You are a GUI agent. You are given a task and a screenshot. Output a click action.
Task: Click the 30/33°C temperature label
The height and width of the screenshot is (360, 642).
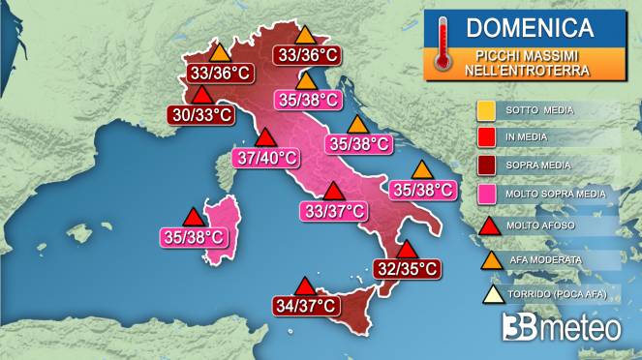tap(202, 114)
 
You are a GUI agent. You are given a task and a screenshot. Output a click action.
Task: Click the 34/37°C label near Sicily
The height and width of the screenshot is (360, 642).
tap(305, 306)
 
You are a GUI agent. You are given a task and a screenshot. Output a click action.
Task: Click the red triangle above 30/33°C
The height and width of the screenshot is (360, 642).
tap(202, 95)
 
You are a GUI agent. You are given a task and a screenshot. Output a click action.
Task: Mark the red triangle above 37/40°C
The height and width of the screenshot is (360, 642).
tap(263, 136)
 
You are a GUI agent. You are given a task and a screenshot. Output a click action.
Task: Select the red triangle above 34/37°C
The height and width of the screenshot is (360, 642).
tap(305, 286)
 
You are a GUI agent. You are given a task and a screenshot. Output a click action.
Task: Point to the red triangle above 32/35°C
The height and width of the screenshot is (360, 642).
tap(407, 250)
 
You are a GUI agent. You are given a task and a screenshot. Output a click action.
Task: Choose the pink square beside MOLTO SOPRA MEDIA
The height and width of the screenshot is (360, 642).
tap(487, 194)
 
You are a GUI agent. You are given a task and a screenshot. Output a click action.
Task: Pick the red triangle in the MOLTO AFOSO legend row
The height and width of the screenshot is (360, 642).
tap(487, 225)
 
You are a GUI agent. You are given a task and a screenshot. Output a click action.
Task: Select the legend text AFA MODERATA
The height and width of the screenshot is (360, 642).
tap(547, 259)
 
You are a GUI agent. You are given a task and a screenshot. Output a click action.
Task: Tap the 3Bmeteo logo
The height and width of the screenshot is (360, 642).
tap(562, 327)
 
